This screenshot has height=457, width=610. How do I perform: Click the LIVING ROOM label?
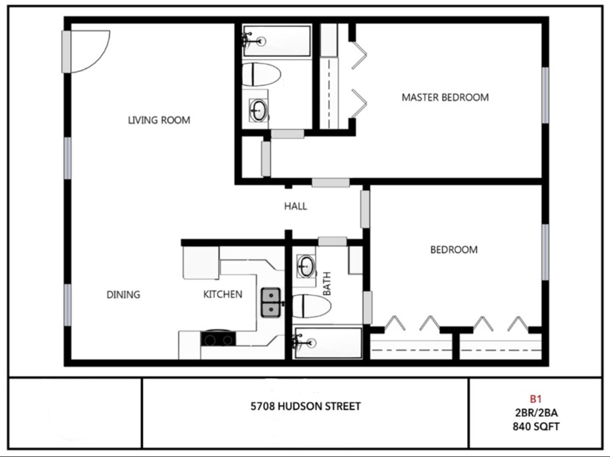point(159,120)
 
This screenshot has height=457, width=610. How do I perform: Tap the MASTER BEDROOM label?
point(445,97)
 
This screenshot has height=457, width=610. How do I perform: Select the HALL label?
point(295,206)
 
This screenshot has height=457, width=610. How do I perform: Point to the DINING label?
point(123,295)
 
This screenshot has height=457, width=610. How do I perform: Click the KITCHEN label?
point(223,295)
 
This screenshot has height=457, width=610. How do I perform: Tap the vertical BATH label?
point(327,284)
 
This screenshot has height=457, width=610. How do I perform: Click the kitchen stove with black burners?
point(218,339)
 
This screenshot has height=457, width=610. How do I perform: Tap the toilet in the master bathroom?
point(261,74)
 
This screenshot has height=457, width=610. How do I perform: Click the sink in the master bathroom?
point(258,110)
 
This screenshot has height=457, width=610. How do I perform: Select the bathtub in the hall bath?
point(328,342)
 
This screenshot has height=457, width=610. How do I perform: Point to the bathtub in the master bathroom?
point(277,41)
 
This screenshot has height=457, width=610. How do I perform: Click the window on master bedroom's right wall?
point(545,95)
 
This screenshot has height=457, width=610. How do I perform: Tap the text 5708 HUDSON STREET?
point(305,407)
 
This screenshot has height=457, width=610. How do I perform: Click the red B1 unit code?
point(536,399)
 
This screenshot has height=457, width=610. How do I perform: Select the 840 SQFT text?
point(536,427)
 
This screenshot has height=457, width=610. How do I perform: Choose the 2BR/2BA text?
point(536,413)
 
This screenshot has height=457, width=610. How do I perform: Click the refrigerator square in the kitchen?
point(200,262)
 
